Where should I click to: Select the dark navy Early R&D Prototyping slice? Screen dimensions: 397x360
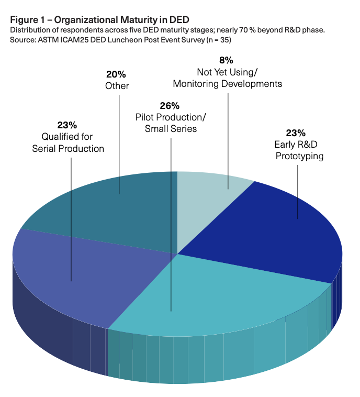pyautogui.click(x=277, y=230)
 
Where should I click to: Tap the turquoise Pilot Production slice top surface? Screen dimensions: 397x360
pyautogui.click(x=220, y=293)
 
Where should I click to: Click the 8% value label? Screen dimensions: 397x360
pyautogui.click(x=226, y=60)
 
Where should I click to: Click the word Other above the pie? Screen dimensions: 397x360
pyautogui.click(x=117, y=85)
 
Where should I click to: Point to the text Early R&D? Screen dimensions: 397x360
pyautogui.click(x=292, y=145)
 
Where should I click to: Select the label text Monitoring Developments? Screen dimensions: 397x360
pyautogui.click(x=227, y=83)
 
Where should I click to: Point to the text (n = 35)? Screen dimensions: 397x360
pyautogui.click(x=217, y=40)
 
